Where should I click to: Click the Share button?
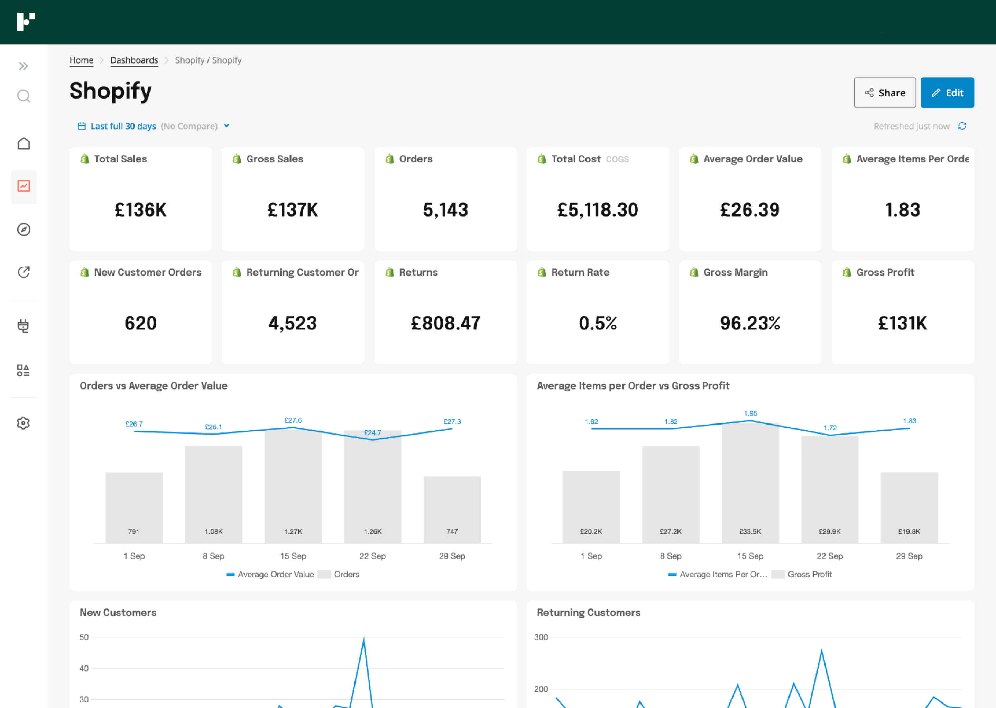click(884, 92)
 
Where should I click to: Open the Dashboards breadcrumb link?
click(134, 60)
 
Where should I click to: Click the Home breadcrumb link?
click(81, 60)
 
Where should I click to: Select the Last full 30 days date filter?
click(123, 126)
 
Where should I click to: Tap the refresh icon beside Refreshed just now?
click(962, 126)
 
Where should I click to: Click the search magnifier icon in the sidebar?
click(24, 96)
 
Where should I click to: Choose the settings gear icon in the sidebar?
click(24, 423)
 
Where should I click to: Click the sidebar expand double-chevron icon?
click(24, 66)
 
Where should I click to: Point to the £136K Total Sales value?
click(140, 210)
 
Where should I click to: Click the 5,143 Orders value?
click(445, 210)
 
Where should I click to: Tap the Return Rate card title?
click(580, 272)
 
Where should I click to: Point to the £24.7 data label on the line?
click(372, 432)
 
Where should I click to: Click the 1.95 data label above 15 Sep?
click(750, 413)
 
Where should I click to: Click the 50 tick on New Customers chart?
click(84, 637)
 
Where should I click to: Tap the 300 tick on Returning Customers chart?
click(541, 637)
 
